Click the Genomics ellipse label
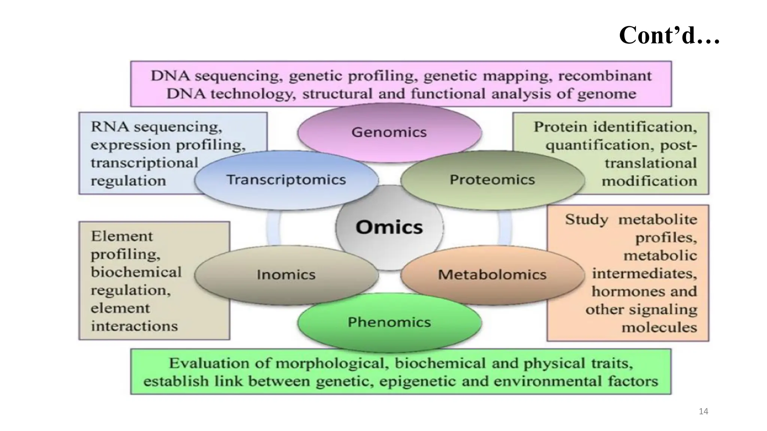(389, 132)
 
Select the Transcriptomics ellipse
(286, 180)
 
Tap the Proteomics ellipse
(492, 180)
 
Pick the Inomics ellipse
(286, 275)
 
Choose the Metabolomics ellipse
(492, 275)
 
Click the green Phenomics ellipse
(389, 322)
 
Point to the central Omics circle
(389, 227)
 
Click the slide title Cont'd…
(669, 36)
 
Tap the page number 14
(703, 412)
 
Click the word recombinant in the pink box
(605, 76)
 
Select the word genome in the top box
(606, 94)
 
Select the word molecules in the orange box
(659, 328)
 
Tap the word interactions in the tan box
(134, 326)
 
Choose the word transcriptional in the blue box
(144, 163)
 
